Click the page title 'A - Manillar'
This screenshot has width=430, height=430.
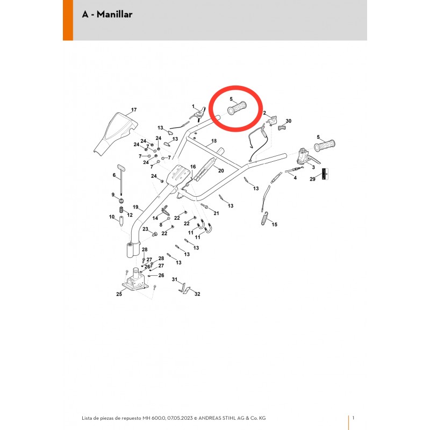tap(107, 15)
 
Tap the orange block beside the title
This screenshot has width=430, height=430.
tap(68, 20)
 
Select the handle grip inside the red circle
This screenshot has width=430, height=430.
tap(237, 108)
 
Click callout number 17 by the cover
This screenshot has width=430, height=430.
tap(134, 110)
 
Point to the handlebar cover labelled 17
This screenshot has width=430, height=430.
tap(115, 133)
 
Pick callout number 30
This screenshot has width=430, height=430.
tap(289, 121)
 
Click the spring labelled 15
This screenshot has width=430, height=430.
tap(264, 218)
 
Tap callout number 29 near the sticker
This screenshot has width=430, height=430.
tap(312, 179)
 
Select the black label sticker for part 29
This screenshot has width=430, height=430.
tap(325, 174)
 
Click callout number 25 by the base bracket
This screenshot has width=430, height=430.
tap(119, 294)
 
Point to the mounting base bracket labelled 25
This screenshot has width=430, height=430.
tap(135, 279)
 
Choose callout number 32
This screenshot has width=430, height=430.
tap(197, 294)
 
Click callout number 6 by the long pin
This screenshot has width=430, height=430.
tap(114, 175)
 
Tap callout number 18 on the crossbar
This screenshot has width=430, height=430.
tap(214, 141)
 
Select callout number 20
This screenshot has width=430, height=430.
tap(221, 170)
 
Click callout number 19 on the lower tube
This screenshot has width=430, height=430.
tap(135, 207)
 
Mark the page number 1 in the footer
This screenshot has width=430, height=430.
tap(353, 418)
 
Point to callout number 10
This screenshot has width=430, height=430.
tap(112, 217)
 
